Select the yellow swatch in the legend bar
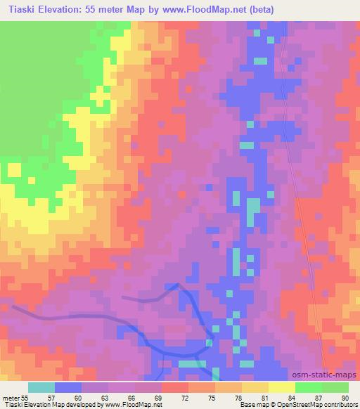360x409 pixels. click(x=282, y=387)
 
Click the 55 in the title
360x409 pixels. click(x=89, y=10)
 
